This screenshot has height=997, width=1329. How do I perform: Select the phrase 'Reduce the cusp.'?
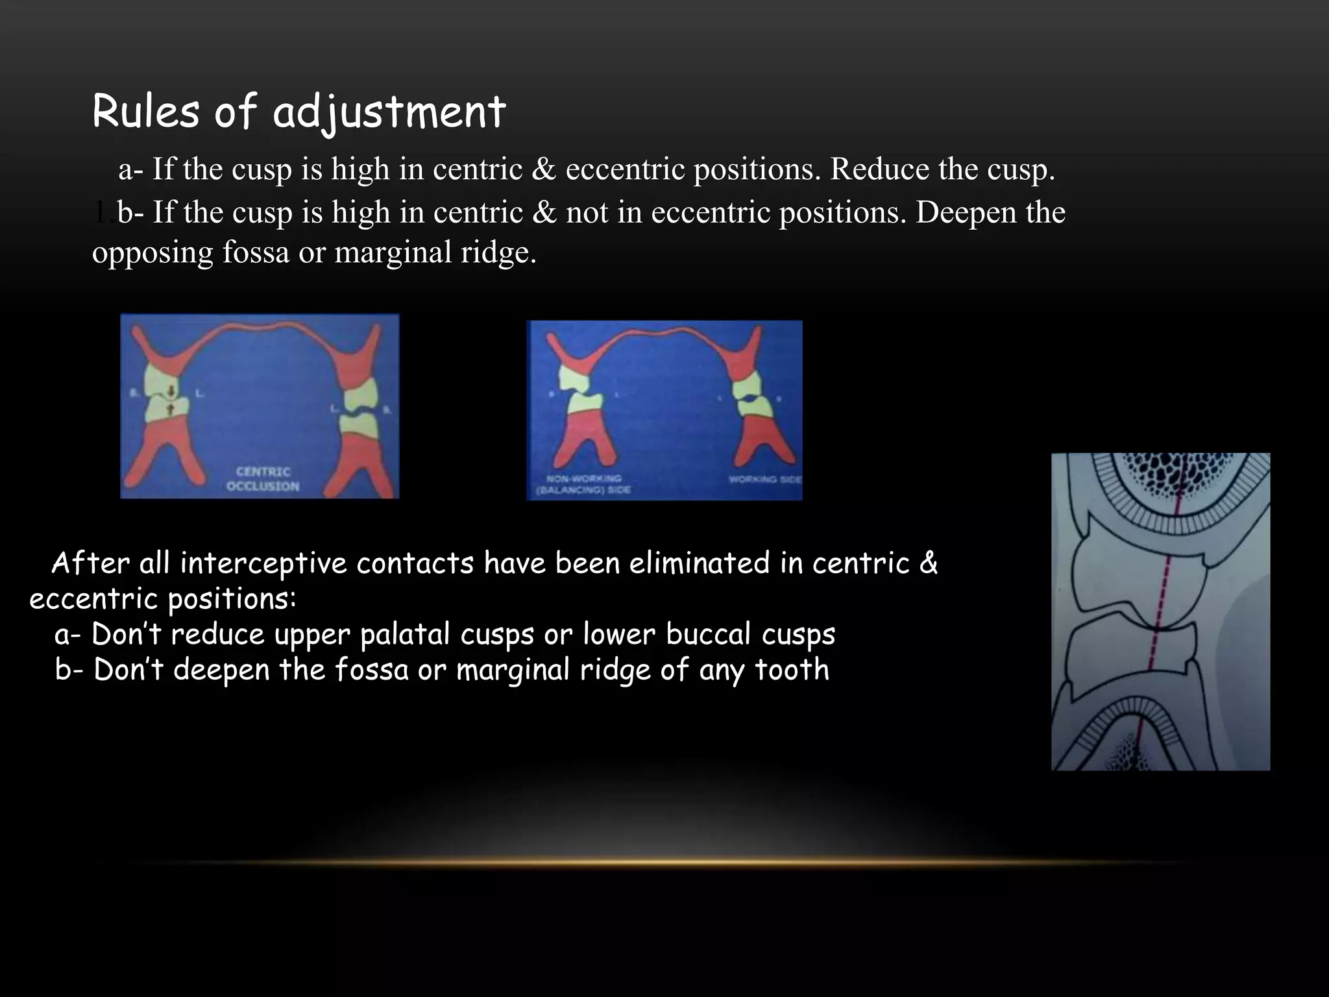pyautogui.click(x=942, y=169)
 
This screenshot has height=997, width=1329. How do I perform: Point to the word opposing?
pyautogui.click(x=152, y=253)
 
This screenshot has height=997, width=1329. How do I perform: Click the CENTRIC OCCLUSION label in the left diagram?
pyautogui.click(x=263, y=479)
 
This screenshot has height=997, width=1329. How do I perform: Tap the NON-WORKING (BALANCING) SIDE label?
pyautogui.click(x=583, y=484)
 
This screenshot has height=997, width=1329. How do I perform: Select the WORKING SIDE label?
pyautogui.click(x=764, y=480)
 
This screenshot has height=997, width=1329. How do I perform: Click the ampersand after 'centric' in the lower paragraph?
pyautogui.click(x=929, y=563)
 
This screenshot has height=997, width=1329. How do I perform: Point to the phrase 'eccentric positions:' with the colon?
pyautogui.click(x=162, y=599)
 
